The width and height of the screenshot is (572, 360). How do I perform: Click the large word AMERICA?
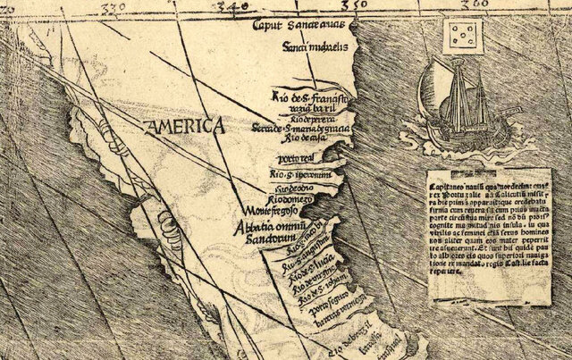tap(187, 127)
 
